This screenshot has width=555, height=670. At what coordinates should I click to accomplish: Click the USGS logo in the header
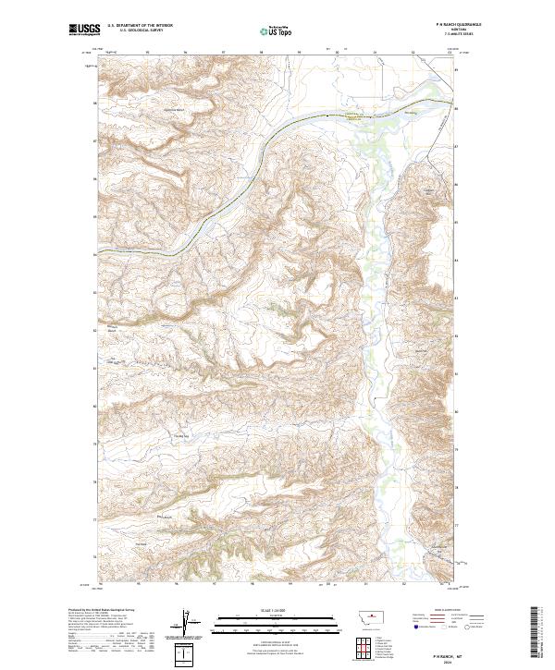84,30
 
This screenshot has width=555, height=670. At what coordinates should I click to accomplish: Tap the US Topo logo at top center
273,31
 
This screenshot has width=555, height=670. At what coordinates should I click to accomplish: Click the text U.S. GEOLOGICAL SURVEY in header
140,30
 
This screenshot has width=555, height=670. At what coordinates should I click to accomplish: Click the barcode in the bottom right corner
535,632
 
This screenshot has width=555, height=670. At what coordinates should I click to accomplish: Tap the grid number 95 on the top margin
148,53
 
